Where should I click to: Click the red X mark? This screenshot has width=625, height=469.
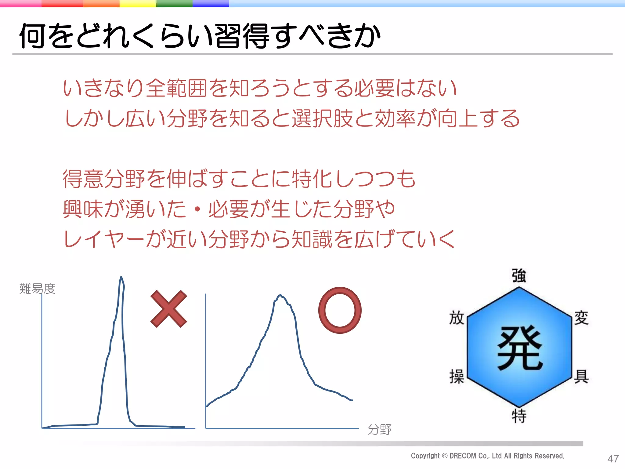[x=168, y=309]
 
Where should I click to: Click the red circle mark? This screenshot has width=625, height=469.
[x=340, y=310]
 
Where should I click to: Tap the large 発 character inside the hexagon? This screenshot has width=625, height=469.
[x=520, y=348]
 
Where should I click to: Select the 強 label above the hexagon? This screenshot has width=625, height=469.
[x=519, y=276]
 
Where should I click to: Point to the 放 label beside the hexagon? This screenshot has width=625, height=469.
[x=457, y=318]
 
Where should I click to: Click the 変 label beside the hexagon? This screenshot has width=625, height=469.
[x=581, y=318]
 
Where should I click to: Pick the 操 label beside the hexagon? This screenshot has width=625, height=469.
[x=457, y=376]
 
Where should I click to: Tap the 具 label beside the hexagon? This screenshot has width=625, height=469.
[x=581, y=376]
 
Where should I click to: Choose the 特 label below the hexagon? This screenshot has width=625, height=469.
[x=519, y=416]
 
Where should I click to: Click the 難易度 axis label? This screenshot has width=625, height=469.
[x=37, y=289]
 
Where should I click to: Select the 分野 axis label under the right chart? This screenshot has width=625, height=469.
[x=379, y=429]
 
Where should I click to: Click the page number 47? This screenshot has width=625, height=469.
[x=613, y=459]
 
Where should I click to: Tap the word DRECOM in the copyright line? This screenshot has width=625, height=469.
[x=463, y=456]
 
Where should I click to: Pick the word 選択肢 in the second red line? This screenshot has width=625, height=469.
[x=322, y=118]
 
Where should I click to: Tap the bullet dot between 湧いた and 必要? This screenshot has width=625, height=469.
[x=197, y=209]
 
